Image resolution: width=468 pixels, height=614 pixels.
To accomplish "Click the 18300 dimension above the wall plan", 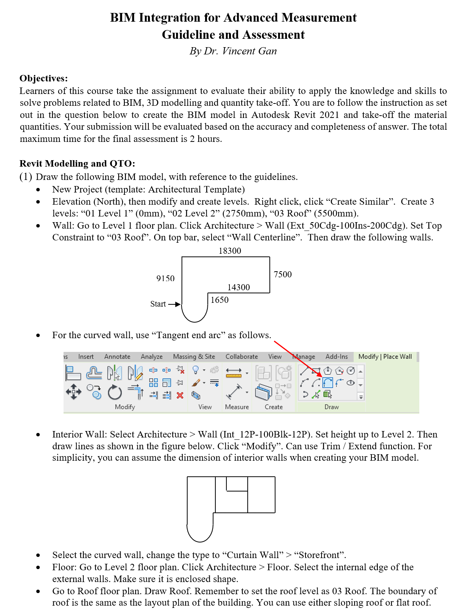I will [x=230, y=251].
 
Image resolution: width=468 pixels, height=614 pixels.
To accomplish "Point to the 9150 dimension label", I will [x=166, y=278].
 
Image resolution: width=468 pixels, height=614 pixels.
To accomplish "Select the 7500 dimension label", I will [x=283, y=274].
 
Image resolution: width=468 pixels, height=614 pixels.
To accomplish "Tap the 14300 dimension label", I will [x=239, y=287].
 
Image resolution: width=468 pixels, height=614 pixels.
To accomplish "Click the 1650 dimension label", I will [x=220, y=300].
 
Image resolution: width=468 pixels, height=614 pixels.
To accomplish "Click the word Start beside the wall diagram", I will [x=158, y=304].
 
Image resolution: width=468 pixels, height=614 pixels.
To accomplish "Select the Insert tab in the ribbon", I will [x=86, y=356].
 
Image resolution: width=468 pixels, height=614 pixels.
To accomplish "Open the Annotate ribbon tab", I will [x=117, y=356].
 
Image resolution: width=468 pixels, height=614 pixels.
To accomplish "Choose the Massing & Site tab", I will [x=194, y=356].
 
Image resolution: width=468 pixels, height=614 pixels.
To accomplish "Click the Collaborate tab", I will [x=242, y=356].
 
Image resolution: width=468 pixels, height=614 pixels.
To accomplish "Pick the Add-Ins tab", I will [x=337, y=356].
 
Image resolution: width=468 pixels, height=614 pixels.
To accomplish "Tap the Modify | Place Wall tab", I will [x=385, y=356].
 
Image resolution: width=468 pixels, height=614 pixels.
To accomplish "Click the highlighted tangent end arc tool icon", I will [x=328, y=382].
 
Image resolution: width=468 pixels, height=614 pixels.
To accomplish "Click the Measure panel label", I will [x=237, y=407].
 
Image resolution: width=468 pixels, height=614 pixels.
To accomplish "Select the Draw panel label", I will [x=331, y=407].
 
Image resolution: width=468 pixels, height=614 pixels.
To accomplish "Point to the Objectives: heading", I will [x=44, y=78].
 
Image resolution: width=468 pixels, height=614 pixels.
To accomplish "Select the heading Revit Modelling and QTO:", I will [x=77, y=164].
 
